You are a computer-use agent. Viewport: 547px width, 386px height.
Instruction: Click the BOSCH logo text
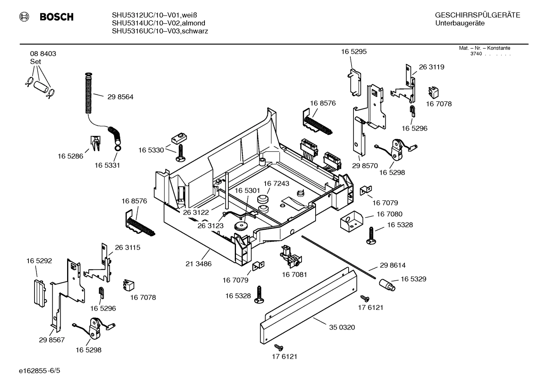[56, 17]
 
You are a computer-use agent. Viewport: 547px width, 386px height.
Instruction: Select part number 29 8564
[120, 97]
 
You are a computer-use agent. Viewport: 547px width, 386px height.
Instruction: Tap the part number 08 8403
[43, 54]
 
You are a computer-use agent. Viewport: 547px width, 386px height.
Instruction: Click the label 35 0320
[342, 327]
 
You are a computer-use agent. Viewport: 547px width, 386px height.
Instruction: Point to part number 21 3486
[198, 264]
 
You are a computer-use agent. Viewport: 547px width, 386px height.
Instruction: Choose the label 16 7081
[294, 274]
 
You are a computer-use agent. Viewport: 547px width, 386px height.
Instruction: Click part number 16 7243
[276, 183]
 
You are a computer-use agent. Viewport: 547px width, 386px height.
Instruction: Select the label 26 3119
[431, 67]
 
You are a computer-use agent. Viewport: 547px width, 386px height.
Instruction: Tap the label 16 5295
[354, 52]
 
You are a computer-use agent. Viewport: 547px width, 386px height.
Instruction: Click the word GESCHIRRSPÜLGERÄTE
[477, 16]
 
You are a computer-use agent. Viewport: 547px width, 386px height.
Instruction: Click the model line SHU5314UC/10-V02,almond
[158, 23]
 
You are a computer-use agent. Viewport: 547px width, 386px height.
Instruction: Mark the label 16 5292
[39, 261]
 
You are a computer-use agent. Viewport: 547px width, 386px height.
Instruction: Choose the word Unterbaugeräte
[460, 23]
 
